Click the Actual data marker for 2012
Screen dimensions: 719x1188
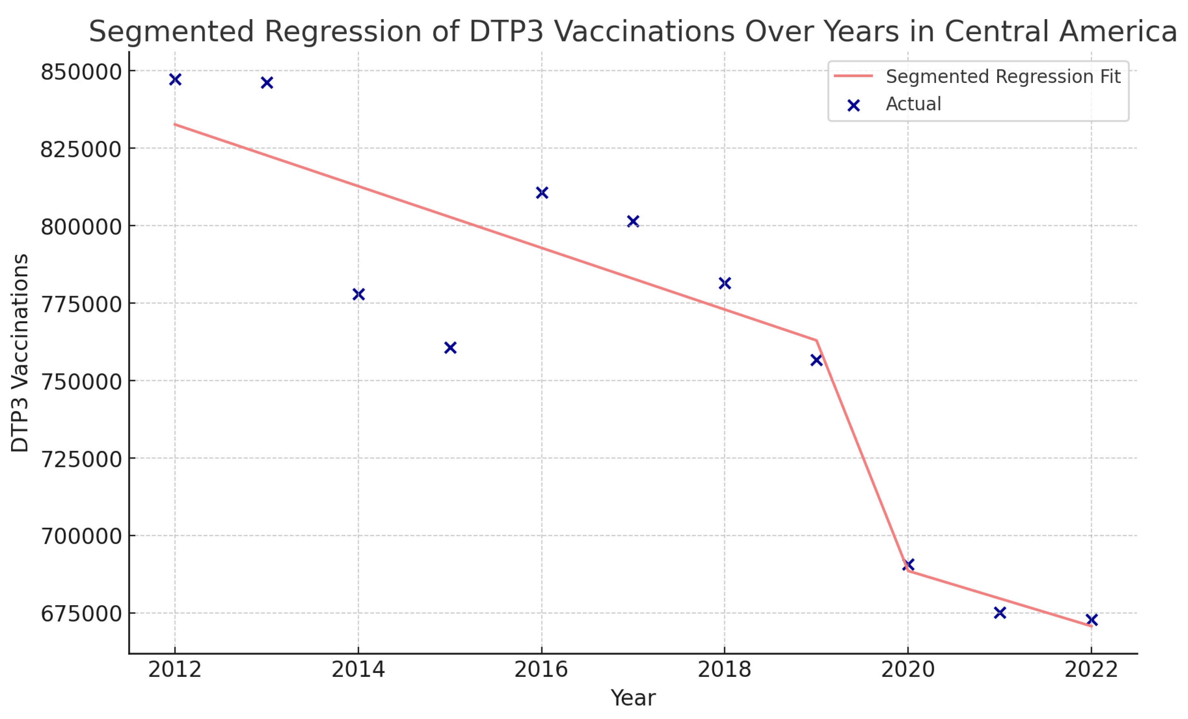coord(175,80)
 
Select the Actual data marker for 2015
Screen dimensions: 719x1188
coord(450,348)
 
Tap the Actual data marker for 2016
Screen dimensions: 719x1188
coord(541,193)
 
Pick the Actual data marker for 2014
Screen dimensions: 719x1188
coord(358,294)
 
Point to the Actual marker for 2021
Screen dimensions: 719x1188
coord(999,613)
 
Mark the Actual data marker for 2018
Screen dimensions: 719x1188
coord(724,283)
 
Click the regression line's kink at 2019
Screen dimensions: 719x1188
coord(816,340)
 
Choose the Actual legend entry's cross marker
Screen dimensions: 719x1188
coord(854,106)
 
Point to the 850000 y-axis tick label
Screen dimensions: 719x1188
coord(81,72)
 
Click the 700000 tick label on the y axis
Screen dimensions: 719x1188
coord(81,536)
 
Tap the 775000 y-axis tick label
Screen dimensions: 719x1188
coord(81,304)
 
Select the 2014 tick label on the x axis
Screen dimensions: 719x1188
coord(358,670)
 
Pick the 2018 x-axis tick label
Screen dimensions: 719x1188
coord(724,670)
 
